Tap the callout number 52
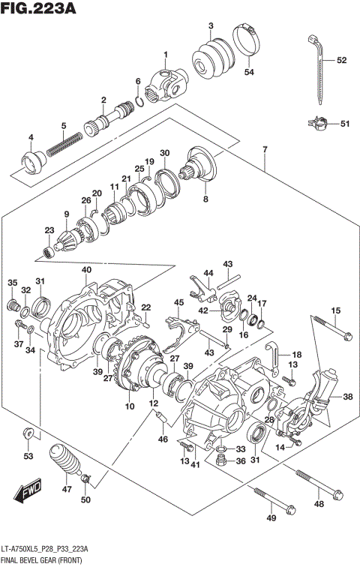(341, 60)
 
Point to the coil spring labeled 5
(64, 143)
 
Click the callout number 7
(265, 149)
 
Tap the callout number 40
(87, 269)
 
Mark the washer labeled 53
(28, 432)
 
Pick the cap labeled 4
(32, 161)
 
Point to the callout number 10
(129, 406)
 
